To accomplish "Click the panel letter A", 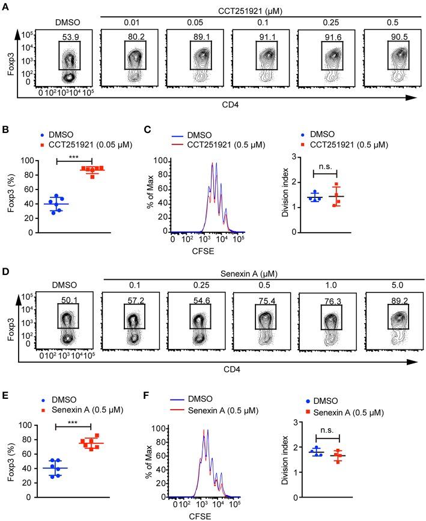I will [5, 5].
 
